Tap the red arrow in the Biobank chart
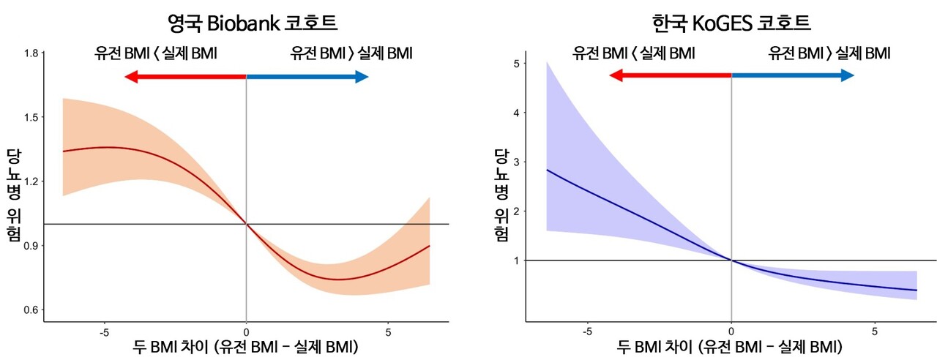click(184, 77)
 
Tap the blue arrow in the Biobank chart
click(307, 77)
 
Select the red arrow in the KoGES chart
click(670, 75)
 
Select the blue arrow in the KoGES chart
click(794, 75)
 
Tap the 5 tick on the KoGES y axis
click(516, 64)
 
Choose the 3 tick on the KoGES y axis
click(516, 162)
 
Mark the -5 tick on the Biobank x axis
click(103, 330)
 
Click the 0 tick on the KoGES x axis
click(731, 330)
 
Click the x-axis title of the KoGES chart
click(731, 345)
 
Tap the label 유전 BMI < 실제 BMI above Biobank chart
click(156, 53)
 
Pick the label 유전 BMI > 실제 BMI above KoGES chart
click(829, 53)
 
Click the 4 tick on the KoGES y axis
click(516, 113)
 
